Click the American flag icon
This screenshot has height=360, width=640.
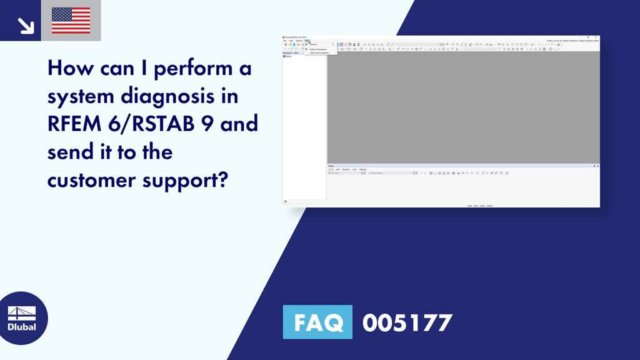[x=71, y=21]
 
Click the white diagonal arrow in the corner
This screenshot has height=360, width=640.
[x=26, y=25]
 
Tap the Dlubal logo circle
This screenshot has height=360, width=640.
[x=22, y=317]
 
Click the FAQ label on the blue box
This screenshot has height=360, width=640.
[x=317, y=322]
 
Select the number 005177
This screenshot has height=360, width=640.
[x=407, y=322]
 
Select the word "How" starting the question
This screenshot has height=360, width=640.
[x=67, y=68]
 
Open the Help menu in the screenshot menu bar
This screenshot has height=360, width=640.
[x=307, y=41]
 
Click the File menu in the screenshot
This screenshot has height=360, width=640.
[x=284, y=41]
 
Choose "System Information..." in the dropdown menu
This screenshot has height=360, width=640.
[x=319, y=49]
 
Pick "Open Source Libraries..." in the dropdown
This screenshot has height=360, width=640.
[x=320, y=52]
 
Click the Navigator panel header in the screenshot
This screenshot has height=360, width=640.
[x=288, y=53]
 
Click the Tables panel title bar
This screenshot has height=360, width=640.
[x=331, y=166]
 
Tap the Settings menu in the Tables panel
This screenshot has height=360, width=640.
[x=362, y=169]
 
